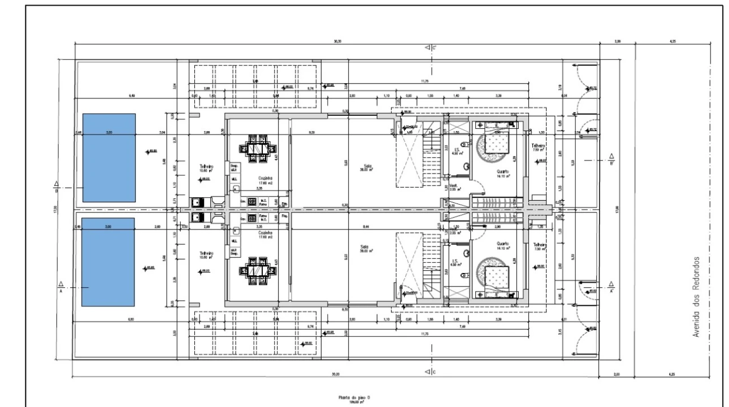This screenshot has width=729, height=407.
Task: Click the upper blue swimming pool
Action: click(109, 158)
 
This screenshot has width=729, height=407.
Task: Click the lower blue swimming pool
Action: click(109, 261)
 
